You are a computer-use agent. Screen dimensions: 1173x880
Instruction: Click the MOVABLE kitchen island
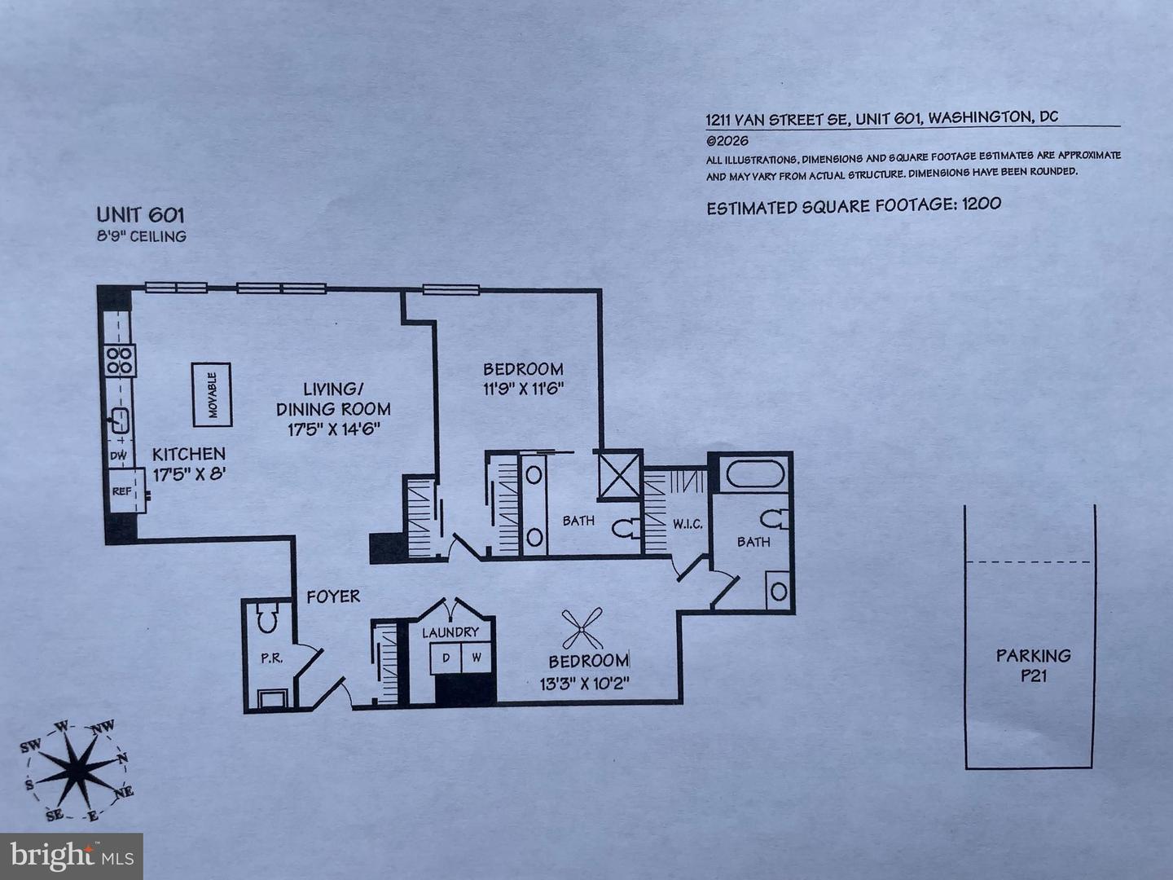click(212, 394)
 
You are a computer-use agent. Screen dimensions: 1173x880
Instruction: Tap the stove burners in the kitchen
click(120, 361)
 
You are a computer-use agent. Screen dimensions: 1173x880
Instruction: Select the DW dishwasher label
click(119, 455)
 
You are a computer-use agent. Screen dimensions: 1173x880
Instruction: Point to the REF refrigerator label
click(121, 491)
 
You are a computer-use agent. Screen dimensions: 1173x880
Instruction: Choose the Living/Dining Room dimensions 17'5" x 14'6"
click(334, 429)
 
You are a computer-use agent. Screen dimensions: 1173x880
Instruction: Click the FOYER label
click(333, 596)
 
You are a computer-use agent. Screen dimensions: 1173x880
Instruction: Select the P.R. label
click(271, 659)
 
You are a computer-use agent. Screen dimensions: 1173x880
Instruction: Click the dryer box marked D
click(446, 658)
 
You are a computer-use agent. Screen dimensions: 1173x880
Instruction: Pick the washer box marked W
click(477, 658)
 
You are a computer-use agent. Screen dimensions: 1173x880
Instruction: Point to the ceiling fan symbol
click(582, 627)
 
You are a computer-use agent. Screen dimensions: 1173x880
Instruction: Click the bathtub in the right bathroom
click(755, 473)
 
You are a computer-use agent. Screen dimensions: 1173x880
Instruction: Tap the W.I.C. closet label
click(688, 525)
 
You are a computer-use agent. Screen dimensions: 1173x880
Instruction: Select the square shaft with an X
click(620, 474)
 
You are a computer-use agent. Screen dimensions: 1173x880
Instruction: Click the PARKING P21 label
click(1034, 665)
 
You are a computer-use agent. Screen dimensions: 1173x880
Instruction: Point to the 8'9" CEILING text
click(142, 236)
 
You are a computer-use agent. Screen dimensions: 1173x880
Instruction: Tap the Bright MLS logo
click(72, 856)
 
